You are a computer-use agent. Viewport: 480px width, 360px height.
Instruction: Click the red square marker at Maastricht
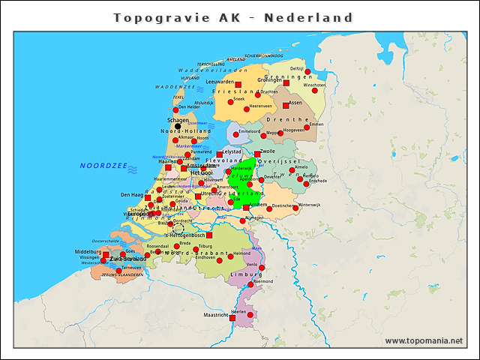pos(232,318)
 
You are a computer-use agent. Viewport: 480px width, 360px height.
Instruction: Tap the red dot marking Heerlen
pos(250,315)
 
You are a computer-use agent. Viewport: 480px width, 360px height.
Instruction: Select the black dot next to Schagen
pos(178,126)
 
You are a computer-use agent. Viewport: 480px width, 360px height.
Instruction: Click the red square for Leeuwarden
pos(238,84)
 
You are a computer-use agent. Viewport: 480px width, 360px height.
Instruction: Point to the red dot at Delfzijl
pos(307,71)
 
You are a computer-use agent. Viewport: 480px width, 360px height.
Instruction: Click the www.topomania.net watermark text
pos(423,340)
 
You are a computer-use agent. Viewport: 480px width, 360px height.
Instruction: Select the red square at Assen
pos(286,106)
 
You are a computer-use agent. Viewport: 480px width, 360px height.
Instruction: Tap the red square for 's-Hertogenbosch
pos(209,235)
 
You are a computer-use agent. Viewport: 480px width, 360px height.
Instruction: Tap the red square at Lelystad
pos(220,154)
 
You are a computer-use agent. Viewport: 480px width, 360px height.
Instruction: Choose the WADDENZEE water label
pos(174,87)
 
